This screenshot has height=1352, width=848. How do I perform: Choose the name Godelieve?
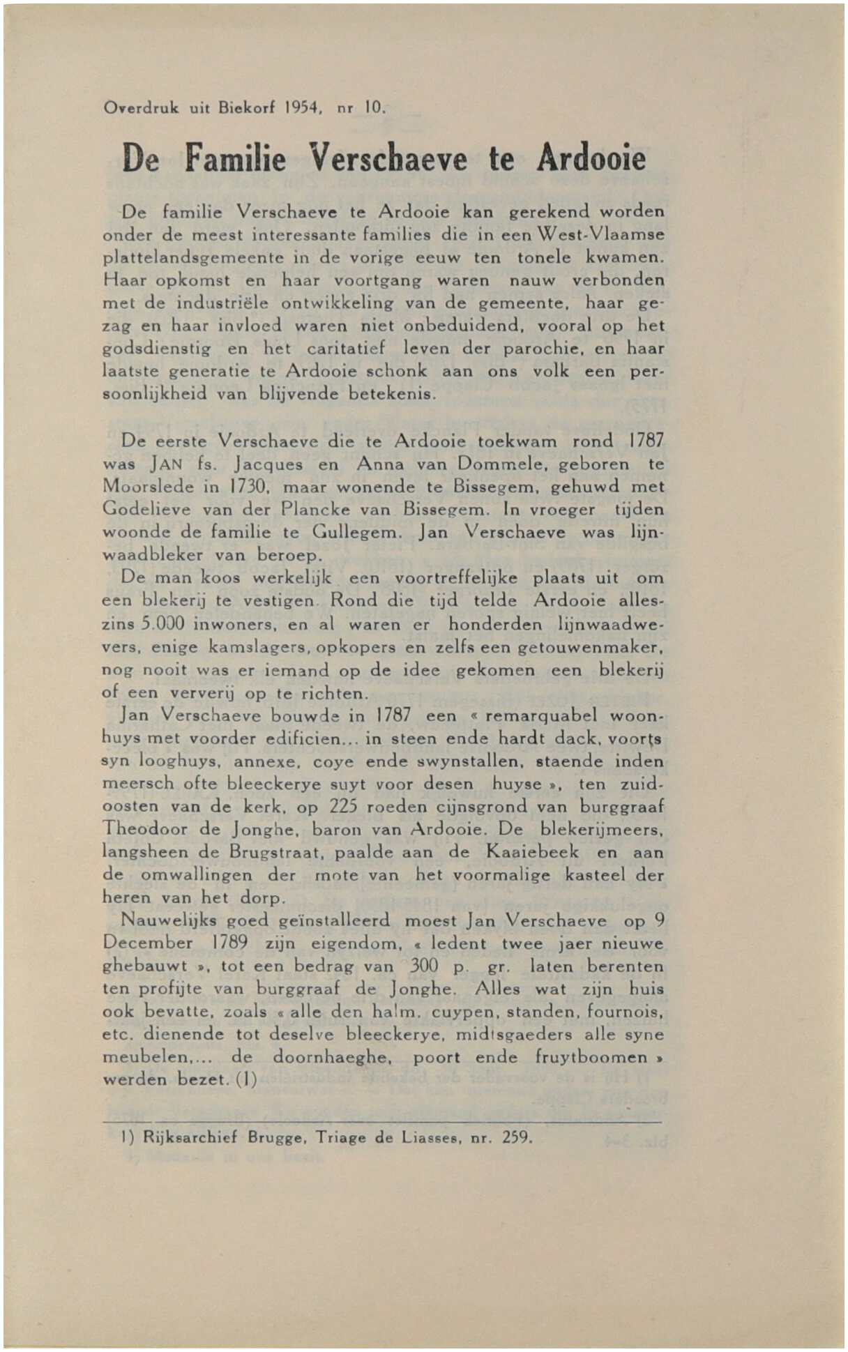click(x=146, y=509)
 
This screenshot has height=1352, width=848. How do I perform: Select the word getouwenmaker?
click(x=591, y=647)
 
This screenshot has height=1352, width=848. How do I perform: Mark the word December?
click(x=147, y=943)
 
